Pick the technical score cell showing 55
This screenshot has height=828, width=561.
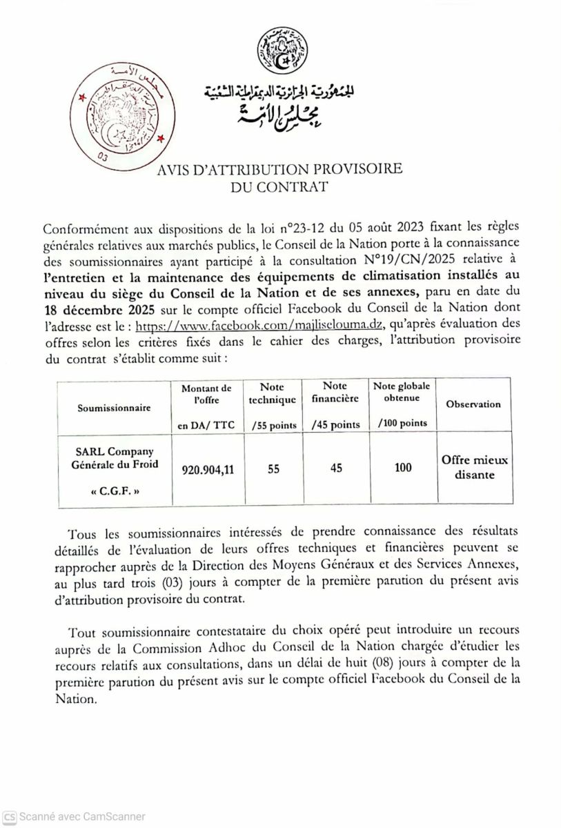[x=273, y=469]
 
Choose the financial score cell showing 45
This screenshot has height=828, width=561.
[x=337, y=469]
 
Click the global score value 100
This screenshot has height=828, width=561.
[x=404, y=469]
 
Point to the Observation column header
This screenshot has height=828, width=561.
[x=473, y=404]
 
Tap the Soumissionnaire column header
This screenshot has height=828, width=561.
[x=114, y=408]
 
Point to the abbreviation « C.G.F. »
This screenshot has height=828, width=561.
[x=115, y=493]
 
